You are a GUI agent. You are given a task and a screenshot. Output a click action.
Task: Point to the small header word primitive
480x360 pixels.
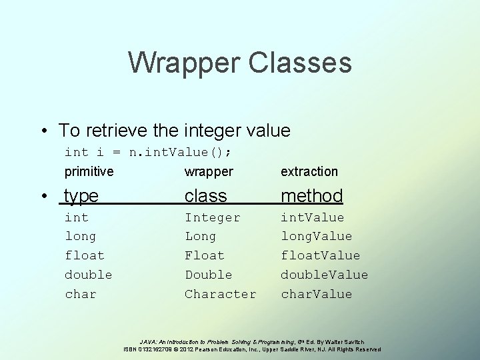(x=89, y=171)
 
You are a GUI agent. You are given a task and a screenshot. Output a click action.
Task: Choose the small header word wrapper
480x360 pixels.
(x=209, y=171)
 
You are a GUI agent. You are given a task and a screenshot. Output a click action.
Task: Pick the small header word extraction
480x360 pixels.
(x=309, y=171)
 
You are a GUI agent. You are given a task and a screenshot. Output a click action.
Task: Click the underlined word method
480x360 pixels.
(x=311, y=195)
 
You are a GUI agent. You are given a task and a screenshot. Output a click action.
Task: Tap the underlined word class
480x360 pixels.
(x=206, y=195)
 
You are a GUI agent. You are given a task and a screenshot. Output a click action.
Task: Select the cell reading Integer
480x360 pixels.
(x=213, y=217)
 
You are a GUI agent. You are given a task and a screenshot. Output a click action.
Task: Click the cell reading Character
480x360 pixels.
(x=220, y=294)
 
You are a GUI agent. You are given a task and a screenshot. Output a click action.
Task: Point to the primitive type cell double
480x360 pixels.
(x=88, y=275)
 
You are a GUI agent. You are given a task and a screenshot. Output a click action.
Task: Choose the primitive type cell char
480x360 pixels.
(x=80, y=294)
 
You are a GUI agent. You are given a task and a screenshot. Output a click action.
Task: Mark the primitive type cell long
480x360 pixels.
(x=80, y=236)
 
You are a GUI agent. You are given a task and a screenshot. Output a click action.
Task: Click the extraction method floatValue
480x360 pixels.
(x=320, y=255)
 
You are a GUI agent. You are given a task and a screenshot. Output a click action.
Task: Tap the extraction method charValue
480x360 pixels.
(x=316, y=294)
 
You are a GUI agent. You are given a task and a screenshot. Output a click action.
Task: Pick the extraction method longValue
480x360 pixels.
(x=316, y=236)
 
